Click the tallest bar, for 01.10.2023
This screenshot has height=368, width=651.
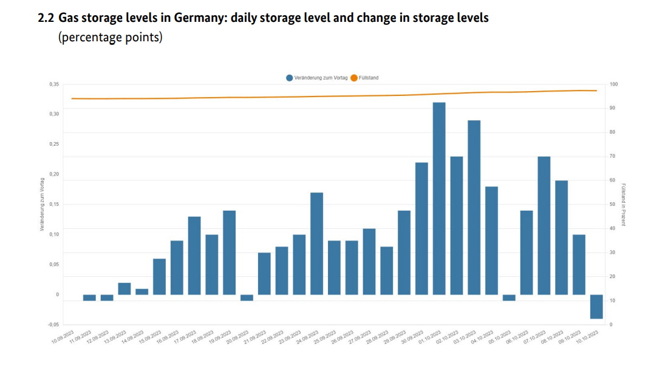[x=439, y=198]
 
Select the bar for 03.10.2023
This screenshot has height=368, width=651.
[x=474, y=207]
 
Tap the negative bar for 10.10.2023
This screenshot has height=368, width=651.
[x=596, y=307]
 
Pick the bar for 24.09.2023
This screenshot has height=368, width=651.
[x=316, y=244]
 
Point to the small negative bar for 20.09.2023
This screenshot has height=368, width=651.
[x=247, y=298]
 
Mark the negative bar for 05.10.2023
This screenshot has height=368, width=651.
[x=509, y=298]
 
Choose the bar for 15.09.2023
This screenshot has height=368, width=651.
[x=159, y=276]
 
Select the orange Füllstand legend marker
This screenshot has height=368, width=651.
[x=354, y=78]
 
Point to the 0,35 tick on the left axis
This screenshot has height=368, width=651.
[x=54, y=84]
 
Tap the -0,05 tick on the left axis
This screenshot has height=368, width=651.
[x=54, y=325]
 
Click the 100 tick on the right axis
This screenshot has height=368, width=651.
[x=613, y=84]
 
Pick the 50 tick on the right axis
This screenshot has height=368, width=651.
[x=612, y=205]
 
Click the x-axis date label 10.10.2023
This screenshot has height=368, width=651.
[x=586, y=336]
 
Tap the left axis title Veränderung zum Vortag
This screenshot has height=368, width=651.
[x=42, y=204]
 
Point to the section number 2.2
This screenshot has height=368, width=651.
[x=46, y=18]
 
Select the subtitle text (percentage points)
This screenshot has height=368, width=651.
[x=110, y=37]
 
